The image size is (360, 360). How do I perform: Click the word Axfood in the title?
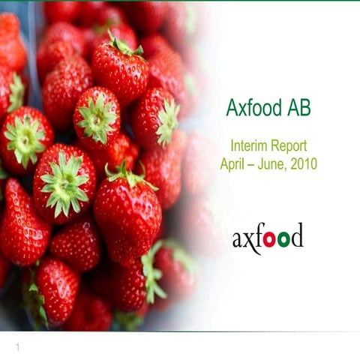coord(253,109)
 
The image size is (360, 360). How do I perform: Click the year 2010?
coord(304,163)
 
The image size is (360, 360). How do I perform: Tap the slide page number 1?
coord(16,347)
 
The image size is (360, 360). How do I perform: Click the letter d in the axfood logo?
coord(296,236)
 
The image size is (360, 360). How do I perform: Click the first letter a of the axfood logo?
coord(238,240)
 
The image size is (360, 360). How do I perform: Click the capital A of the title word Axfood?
coord(232,109)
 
